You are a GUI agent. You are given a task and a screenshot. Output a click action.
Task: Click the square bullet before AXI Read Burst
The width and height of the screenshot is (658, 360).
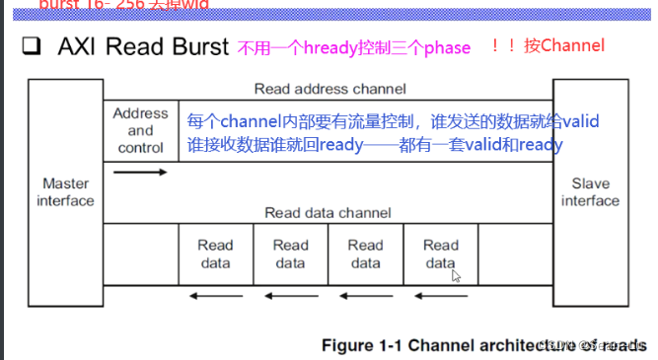click(x=31, y=47)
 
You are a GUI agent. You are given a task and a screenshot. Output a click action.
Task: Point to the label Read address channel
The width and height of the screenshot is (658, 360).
click(x=329, y=89)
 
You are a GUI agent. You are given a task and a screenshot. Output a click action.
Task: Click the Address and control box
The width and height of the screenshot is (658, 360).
click(x=141, y=130)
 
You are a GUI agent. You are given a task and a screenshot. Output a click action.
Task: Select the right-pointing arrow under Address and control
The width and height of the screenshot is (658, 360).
click(x=141, y=173)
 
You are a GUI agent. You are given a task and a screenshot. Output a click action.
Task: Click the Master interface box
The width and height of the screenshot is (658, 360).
click(x=66, y=192)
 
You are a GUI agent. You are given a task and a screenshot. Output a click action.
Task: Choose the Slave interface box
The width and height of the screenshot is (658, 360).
click(x=591, y=192)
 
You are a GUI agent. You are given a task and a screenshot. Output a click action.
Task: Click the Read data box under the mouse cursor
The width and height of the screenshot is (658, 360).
click(x=440, y=253)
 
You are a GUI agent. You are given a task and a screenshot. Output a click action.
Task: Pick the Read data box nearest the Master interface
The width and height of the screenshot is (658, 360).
click(x=215, y=253)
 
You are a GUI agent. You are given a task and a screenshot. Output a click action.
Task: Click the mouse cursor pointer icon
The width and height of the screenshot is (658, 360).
click(x=456, y=276)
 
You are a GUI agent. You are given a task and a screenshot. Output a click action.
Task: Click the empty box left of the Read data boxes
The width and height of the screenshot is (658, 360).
click(x=141, y=253)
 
